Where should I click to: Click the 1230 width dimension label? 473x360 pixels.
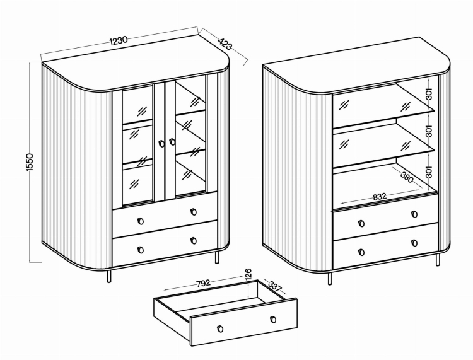pyautogui.click(x=119, y=40)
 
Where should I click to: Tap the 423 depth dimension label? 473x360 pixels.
pyautogui.click(x=225, y=44)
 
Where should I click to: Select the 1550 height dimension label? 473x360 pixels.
pyautogui.click(x=30, y=163)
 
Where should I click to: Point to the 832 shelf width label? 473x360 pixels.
pyautogui.click(x=380, y=197)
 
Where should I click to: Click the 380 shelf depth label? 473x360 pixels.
pyautogui.click(x=406, y=177)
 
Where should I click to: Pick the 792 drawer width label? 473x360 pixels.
pyautogui.click(x=203, y=284)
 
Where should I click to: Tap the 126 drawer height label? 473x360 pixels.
pyautogui.click(x=248, y=275)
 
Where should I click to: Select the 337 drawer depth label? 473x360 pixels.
pyautogui.click(x=274, y=286)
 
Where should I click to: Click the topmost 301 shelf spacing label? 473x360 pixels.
pyautogui.click(x=429, y=94)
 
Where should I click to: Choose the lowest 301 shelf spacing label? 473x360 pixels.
pyautogui.click(x=429, y=171)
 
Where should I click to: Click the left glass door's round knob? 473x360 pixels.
pyautogui.click(x=161, y=144)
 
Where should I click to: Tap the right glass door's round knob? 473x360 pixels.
pyautogui.click(x=172, y=142)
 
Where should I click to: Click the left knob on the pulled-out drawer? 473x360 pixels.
pyautogui.click(x=220, y=329)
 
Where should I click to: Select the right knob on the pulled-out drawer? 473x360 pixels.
pyautogui.click(x=273, y=319)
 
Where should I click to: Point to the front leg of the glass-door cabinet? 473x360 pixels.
pyautogui.click(x=109, y=276)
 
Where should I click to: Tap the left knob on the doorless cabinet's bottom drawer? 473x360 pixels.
pyautogui.click(x=361, y=252)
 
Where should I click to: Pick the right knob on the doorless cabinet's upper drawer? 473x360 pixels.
pyautogui.click(x=414, y=214)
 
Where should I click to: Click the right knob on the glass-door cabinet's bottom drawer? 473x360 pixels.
pyautogui.click(x=194, y=241)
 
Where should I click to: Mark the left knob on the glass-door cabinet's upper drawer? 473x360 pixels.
pyautogui.click(x=140, y=221)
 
